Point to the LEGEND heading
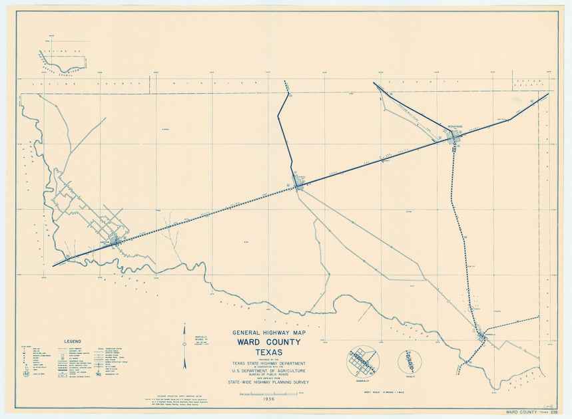73,341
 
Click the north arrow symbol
185,346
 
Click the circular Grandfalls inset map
362,362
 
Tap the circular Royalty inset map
410,362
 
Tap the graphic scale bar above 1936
268,394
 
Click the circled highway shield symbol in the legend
27,373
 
